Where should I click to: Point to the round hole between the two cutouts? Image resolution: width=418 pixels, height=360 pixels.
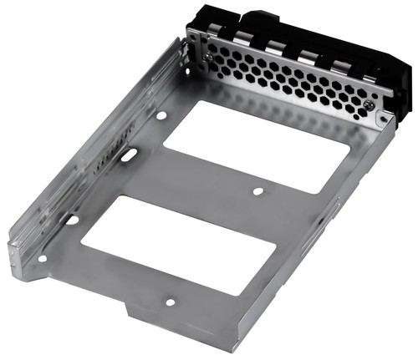pos(258,191)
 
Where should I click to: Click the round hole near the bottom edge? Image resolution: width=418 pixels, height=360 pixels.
pos(170,302)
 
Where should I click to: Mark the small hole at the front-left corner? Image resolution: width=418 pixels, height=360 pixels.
pos(43,258)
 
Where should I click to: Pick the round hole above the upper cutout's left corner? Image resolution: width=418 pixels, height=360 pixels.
pos(161,115)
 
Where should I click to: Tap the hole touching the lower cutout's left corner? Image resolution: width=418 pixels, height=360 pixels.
pos(74,220)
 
